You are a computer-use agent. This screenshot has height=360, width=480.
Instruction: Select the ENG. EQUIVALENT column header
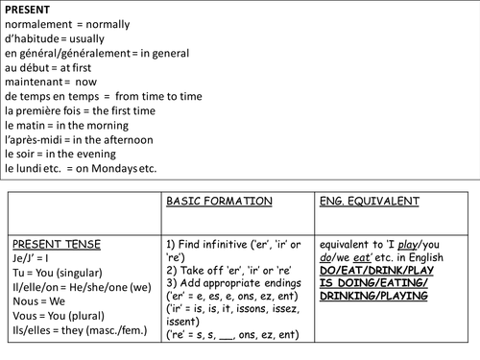(369, 203)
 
